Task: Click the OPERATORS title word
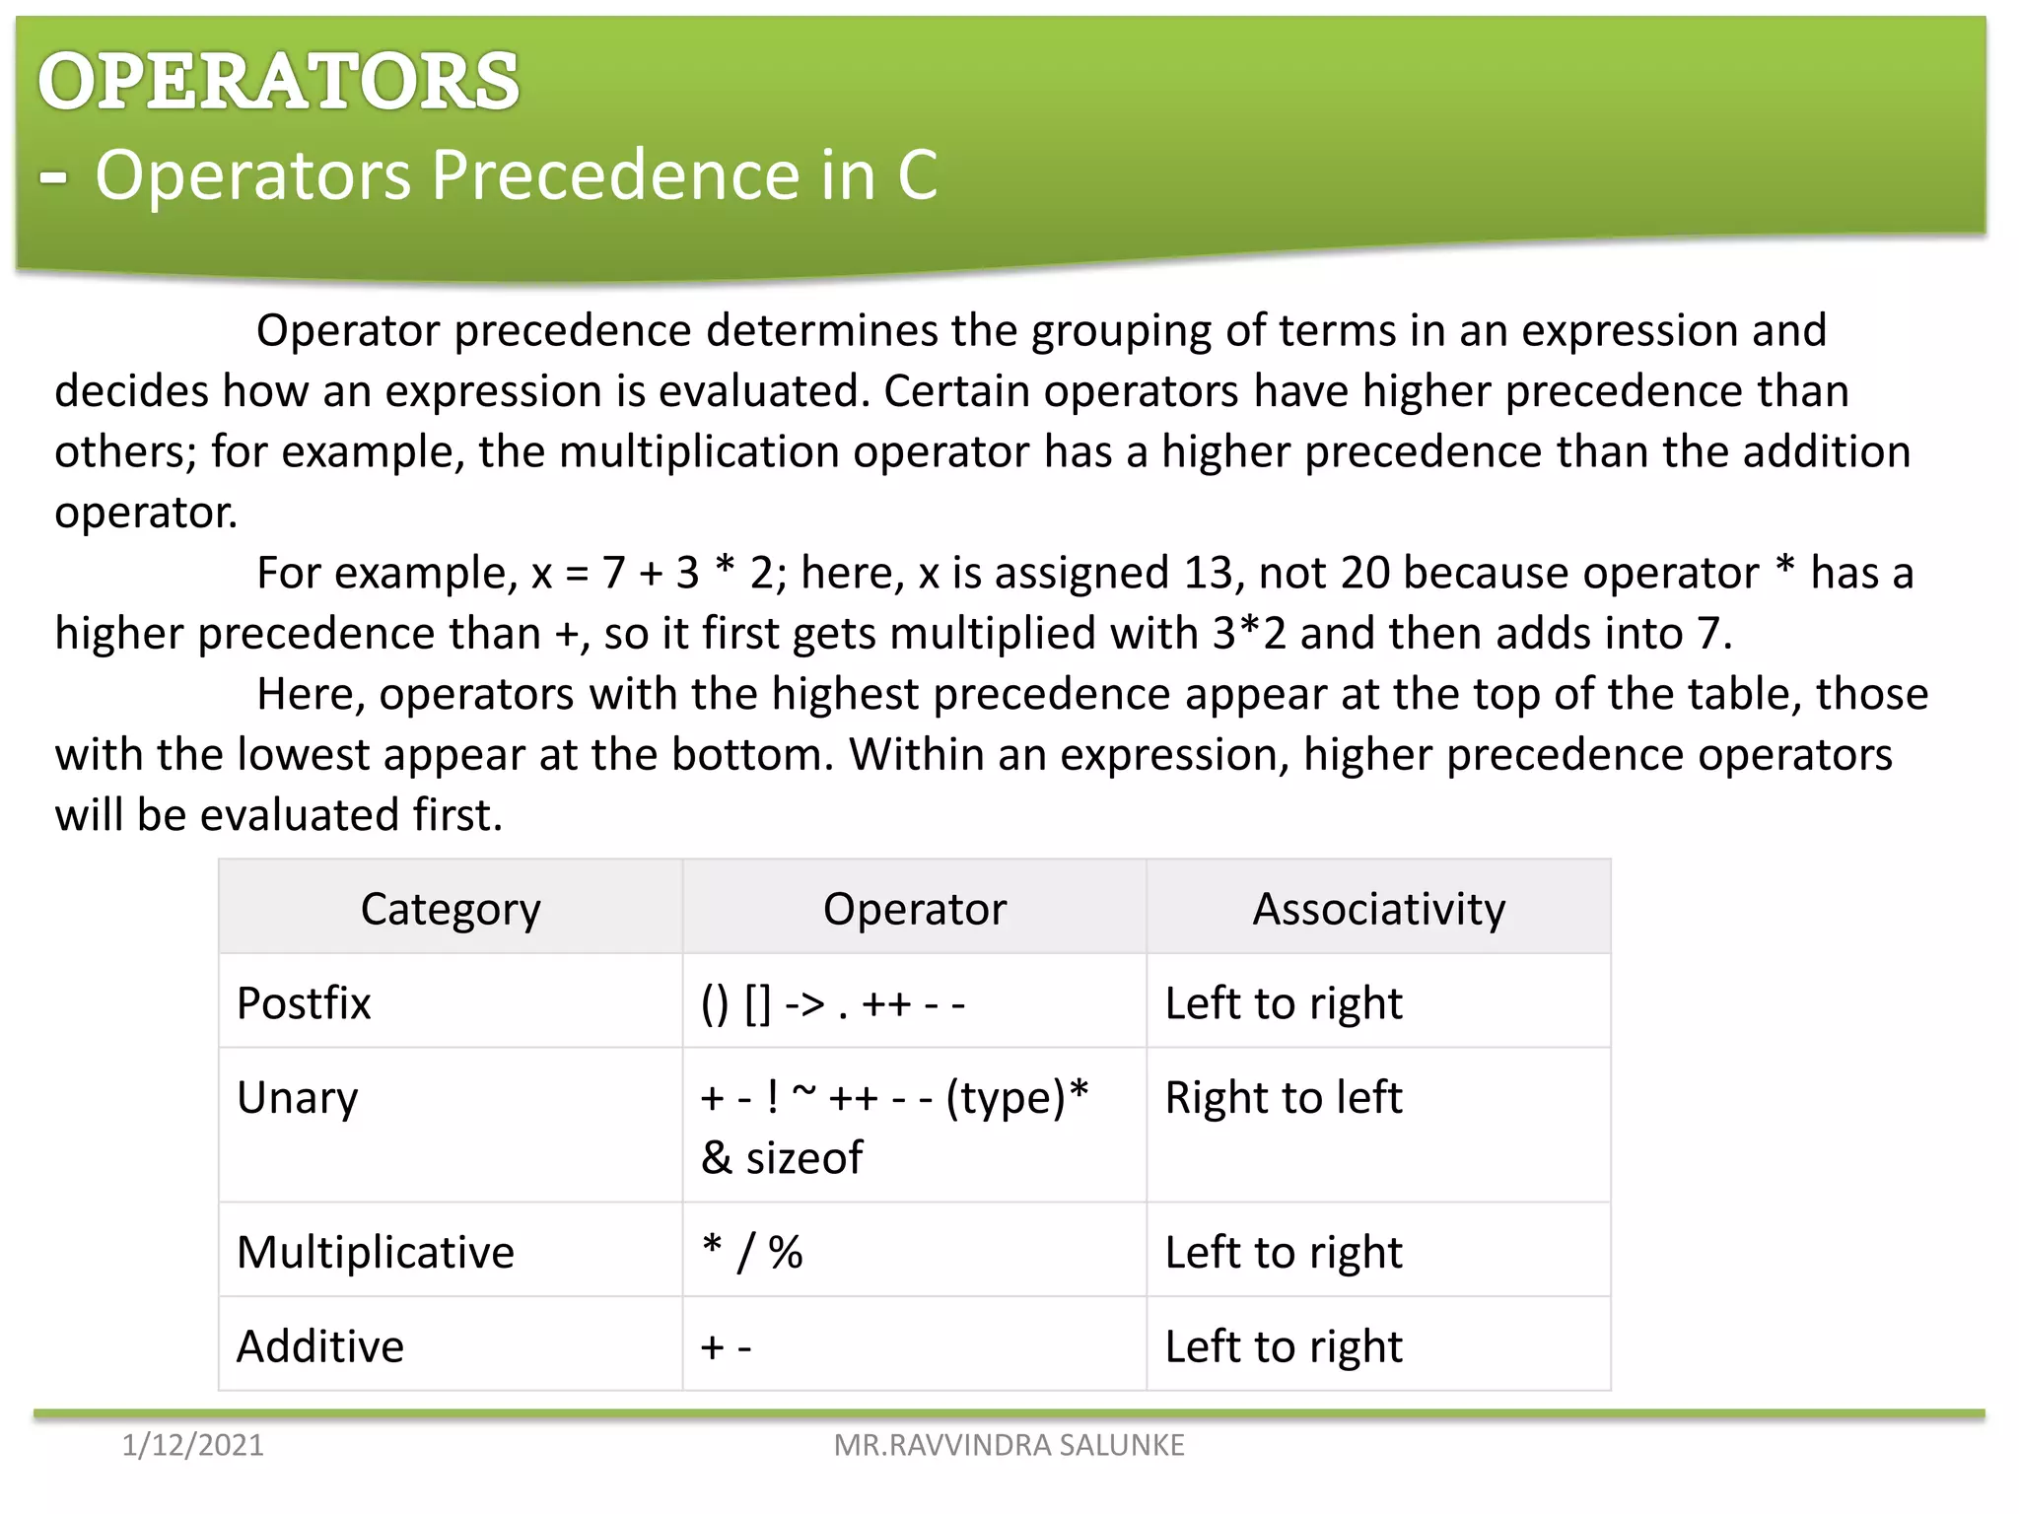click(x=278, y=81)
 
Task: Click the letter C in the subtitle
click(x=917, y=175)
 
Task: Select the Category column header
click(x=451, y=908)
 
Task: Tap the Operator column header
click(x=914, y=908)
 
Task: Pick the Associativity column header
click(x=1378, y=908)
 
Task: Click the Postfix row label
click(x=304, y=1002)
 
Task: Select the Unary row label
click(x=297, y=1097)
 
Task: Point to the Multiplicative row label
click(x=375, y=1251)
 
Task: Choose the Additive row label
click(x=320, y=1345)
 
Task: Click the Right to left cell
click(x=1283, y=1097)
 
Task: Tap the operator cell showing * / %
click(x=752, y=1251)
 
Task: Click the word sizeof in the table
click(x=803, y=1157)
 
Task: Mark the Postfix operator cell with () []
click(x=832, y=1003)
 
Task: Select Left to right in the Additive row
click(x=1283, y=1345)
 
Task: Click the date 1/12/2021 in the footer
click(x=192, y=1445)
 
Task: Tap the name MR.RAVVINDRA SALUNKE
click(x=1009, y=1445)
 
